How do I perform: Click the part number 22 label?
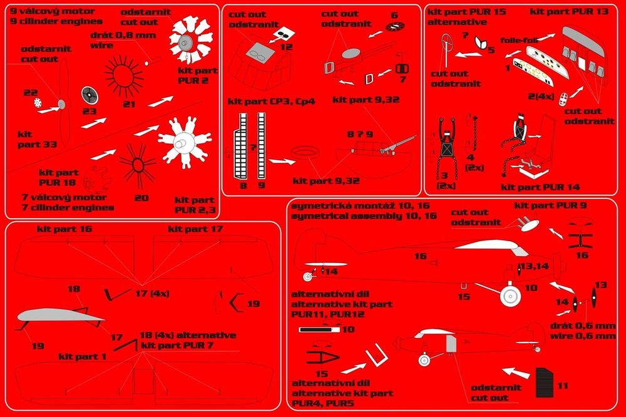(x=30, y=93)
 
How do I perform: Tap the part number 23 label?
(x=89, y=111)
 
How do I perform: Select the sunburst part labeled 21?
(x=124, y=76)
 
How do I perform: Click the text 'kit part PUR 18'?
(x=59, y=177)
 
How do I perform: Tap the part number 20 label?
(x=141, y=198)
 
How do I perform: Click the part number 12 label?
(x=286, y=47)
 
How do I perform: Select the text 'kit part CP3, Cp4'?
(x=272, y=101)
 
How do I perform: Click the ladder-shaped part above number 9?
(x=262, y=145)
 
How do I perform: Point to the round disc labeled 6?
(x=395, y=27)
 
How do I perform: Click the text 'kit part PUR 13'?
(x=569, y=11)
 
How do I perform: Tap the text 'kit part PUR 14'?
(x=540, y=187)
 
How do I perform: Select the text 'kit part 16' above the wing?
(x=64, y=229)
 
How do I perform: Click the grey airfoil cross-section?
(x=60, y=316)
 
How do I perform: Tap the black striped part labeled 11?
(x=544, y=383)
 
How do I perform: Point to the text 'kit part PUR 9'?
(x=550, y=205)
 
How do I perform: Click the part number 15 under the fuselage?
(x=464, y=297)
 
